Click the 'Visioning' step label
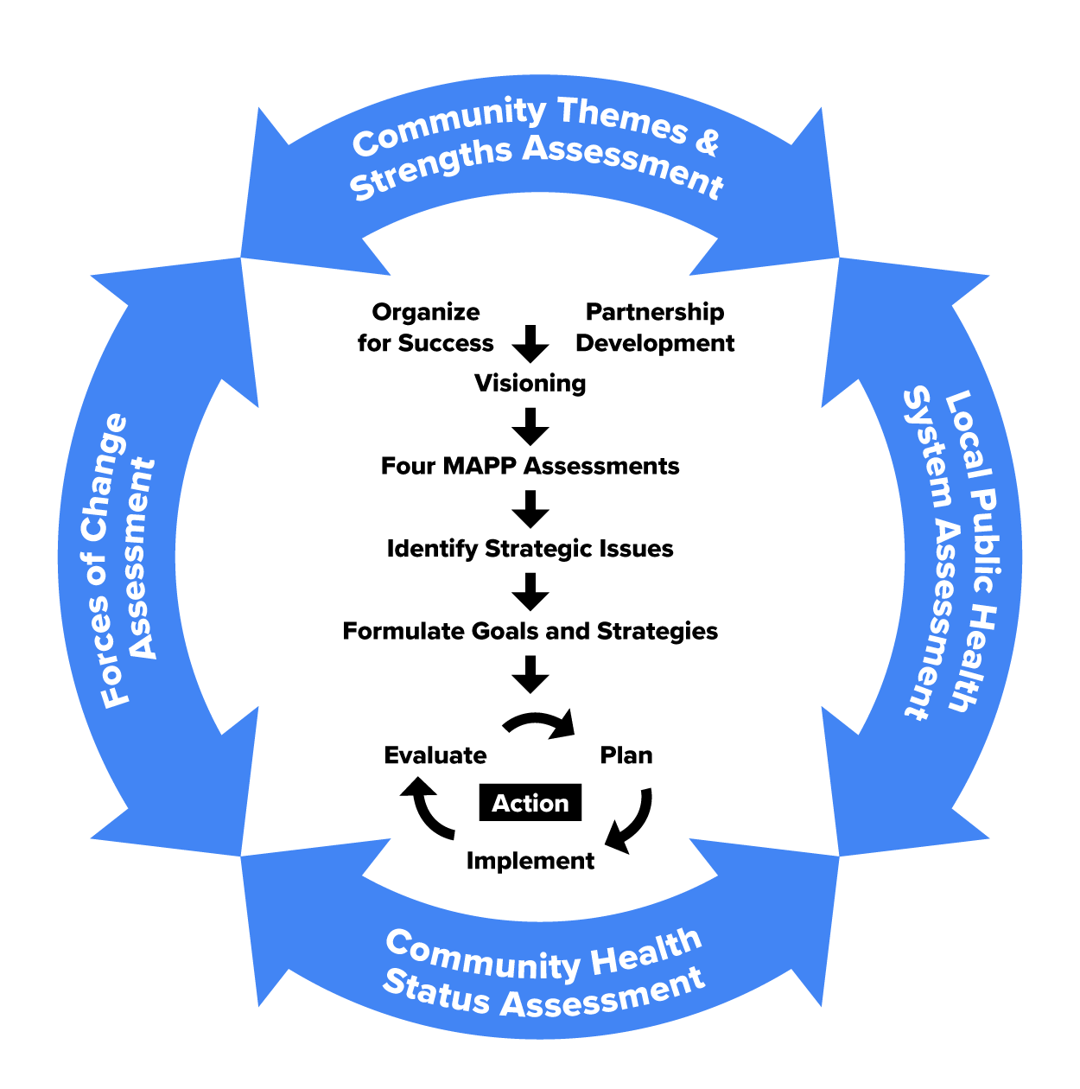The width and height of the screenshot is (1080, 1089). point(530,383)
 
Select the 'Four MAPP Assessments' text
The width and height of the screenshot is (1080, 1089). point(530,466)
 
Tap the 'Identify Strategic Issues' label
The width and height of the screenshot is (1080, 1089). point(530,549)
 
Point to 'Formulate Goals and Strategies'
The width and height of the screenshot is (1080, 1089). point(530,631)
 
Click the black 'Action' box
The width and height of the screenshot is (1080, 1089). point(530,803)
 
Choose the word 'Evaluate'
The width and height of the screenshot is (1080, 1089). point(435,755)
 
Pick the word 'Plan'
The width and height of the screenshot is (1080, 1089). point(626,755)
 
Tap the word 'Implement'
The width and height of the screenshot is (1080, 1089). point(530,861)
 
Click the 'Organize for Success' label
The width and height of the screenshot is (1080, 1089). point(425,328)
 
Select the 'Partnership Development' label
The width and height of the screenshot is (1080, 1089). point(655,328)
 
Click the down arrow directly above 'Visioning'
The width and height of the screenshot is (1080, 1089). point(530,344)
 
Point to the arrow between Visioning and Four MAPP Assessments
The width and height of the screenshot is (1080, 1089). point(530,426)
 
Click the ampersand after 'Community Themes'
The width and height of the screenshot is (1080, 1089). point(706,141)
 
